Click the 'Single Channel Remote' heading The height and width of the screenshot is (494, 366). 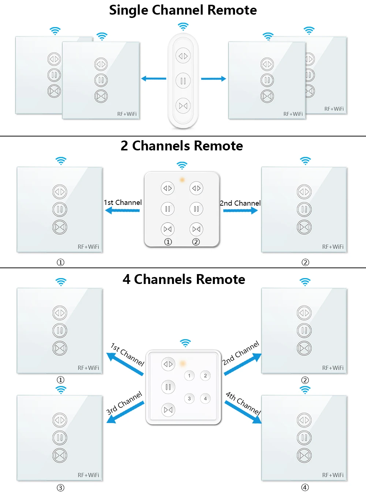[x=183, y=10]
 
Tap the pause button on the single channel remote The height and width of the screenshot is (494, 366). [x=183, y=81]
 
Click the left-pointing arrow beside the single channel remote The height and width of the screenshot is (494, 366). [x=154, y=78]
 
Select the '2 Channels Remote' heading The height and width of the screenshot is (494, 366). [x=182, y=146]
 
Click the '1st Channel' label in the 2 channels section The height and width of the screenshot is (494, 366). [x=123, y=202]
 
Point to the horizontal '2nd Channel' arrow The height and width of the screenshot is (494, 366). [x=240, y=210]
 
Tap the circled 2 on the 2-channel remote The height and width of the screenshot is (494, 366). [x=196, y=242]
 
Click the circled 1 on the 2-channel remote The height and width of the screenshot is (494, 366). [x=168, y=242]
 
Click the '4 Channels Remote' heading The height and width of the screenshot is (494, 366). [x=184, y=279]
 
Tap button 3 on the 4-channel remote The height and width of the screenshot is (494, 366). [x=189, y=398]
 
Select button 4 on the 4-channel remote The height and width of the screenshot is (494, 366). [x=205, y=398]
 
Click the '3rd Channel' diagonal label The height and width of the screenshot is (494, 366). [x=124, y=403]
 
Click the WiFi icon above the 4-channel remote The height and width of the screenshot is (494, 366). [x=186, y=343]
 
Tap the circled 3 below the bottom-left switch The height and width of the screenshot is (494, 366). [x=60, y=487]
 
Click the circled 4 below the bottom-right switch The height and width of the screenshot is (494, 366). [x=305, y=487]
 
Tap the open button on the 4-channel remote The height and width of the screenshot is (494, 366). [x=168, y=364]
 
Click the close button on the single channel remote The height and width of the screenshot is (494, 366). [x=183, y=106]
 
